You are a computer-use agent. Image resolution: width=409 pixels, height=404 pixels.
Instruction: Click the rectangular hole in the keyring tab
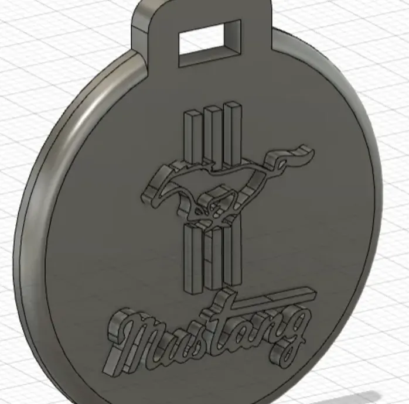coord(209,43)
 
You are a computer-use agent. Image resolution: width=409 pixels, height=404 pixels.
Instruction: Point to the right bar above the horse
coord(232,133)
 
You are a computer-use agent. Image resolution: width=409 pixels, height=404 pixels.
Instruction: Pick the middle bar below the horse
coord(213,256)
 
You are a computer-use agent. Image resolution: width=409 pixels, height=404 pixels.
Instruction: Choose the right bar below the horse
coord(232,254)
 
